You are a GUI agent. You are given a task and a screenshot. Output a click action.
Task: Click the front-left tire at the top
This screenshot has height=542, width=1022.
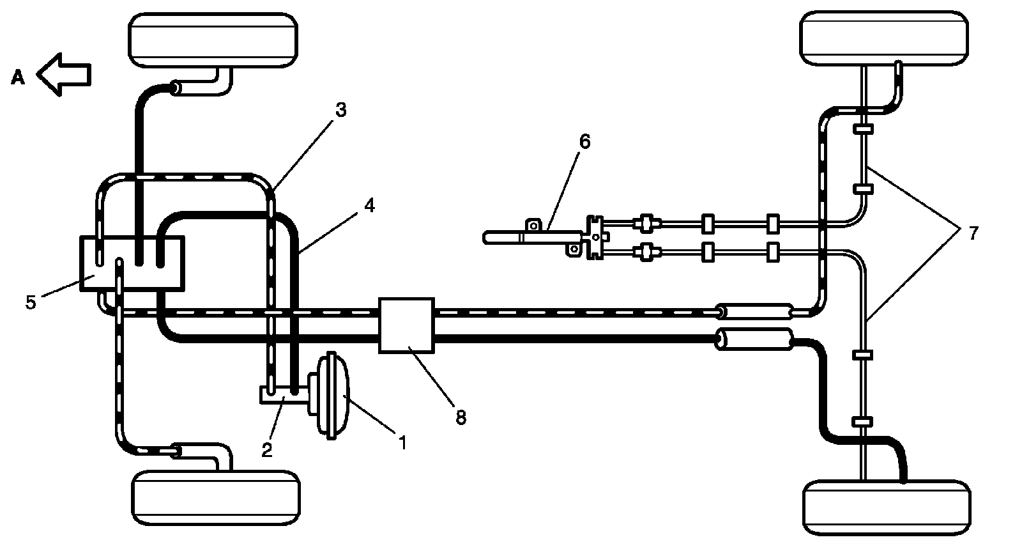tap(213, 40)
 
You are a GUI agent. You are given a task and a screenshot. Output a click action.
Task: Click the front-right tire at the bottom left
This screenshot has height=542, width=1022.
tap(216, 498)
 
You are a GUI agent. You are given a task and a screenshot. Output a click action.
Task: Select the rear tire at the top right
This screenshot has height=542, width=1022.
tap(885, 39)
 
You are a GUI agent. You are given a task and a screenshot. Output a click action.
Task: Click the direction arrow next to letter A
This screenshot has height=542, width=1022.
tap(64, 74)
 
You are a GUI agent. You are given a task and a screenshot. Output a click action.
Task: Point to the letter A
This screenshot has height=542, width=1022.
tap(18, 77)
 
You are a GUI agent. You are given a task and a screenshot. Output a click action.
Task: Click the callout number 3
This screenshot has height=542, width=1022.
tap(341, 110)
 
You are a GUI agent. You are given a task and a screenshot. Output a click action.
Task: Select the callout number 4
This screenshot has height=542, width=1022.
tap(370, 205)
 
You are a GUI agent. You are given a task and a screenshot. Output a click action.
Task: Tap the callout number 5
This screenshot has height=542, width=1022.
tap(31, 302)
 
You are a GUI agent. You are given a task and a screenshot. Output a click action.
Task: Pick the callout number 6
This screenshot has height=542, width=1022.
tap(584, 141)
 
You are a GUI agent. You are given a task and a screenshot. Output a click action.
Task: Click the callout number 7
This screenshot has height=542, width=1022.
tap(973, 233)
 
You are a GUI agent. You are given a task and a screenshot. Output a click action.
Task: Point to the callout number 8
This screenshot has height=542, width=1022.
tap(461, 417)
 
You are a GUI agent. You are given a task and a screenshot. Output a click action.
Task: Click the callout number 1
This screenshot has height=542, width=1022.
tap(402, 442)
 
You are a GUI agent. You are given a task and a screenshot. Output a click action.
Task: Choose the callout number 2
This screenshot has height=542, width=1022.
tap(267, 450)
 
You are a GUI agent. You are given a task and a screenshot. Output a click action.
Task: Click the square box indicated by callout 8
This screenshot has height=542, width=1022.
tap(406, 325)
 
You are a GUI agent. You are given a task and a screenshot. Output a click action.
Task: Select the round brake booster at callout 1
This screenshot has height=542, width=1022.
tap(330, 396)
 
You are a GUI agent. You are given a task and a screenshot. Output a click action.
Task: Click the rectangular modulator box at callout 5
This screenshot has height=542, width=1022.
tap(132, 263)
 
